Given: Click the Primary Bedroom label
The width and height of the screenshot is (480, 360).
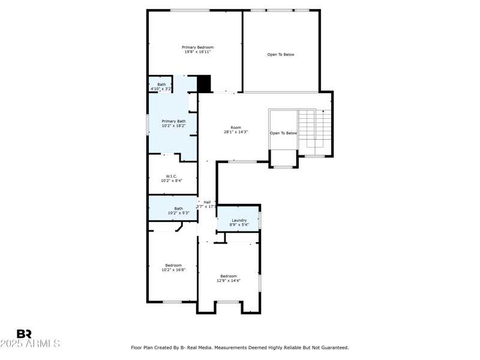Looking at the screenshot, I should [x=197, y=47].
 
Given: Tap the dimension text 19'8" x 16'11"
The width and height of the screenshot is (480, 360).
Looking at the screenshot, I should [x=197, y=52].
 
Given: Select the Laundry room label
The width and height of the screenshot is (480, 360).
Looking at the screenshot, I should [x=239, y=220].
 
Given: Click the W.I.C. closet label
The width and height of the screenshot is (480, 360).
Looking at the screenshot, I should [x=172, y=176].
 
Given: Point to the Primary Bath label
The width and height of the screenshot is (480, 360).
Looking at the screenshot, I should [x=173, y=121].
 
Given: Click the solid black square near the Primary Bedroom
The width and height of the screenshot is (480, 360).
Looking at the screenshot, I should [x=204, y=83].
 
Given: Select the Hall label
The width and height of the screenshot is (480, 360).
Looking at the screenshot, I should [x=207, y=202].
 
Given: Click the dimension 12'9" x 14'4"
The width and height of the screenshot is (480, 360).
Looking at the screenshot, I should [x=229, y=280].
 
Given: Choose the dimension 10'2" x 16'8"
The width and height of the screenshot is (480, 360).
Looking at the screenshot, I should [x=173, y=270].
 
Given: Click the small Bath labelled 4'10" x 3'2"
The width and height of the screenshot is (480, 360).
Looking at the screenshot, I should [x=161, y=85].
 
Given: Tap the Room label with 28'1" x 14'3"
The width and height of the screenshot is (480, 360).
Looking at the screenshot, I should [x=236, y=127].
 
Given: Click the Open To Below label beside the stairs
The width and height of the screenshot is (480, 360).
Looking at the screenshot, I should [x=283, y=133].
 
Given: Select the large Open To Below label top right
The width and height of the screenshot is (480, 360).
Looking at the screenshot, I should [x=281, y=55].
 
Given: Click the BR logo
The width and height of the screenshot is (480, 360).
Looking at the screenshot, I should [x=24, y=334].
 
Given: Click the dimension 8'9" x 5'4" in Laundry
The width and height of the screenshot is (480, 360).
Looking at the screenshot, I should [x=239, y=226].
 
